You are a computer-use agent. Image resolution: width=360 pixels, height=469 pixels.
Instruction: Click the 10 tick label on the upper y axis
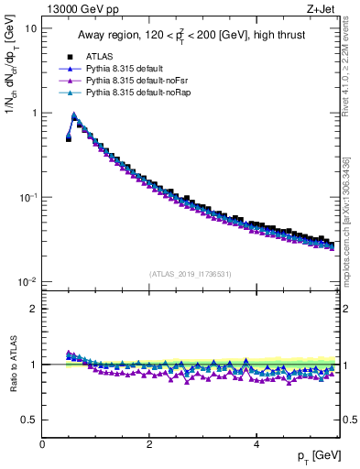[x=30, y=28]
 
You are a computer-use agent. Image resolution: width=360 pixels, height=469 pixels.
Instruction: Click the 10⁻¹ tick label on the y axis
[x=27, y=197]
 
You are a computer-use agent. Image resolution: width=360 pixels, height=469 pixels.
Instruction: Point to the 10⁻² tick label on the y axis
[x=27, y=281]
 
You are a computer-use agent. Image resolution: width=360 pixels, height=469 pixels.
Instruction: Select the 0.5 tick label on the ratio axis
[x=29, y=420]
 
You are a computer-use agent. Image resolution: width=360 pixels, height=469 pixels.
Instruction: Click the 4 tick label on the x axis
[x=256, y=443]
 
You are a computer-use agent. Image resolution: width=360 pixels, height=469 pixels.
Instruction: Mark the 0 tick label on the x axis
[x=42, y=443]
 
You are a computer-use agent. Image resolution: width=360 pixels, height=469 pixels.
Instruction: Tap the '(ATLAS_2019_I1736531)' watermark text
[x=191, y=274]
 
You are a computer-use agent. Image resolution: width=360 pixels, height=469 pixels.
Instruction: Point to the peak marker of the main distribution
[x=74, y=116]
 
